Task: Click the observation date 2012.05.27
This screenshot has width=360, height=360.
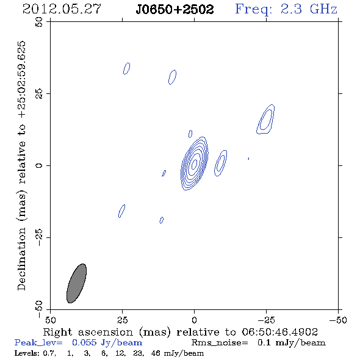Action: [x=62, y=9]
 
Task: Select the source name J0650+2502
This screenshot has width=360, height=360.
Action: [x=175, y=9]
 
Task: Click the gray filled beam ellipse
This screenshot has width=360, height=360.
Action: [x=76, y=283]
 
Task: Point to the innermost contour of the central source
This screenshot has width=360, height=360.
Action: [x=195, y=164]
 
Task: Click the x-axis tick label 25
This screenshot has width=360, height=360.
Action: [x=122, y=320]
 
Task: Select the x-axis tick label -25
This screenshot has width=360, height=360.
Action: [x=266, y=320]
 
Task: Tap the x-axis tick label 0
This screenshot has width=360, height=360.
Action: [x=194, y=320]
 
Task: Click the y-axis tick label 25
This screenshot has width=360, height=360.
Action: [x=39, y=94]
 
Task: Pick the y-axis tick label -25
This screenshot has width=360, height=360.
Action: [x=39, y=237]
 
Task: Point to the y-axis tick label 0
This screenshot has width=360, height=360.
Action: [x=39, y=165]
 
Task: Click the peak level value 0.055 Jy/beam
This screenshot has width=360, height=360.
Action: [x=107, y=343]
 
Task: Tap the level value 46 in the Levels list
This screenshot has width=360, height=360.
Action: [x=156, y=353]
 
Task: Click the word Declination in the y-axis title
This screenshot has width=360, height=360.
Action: [x=21, y=259]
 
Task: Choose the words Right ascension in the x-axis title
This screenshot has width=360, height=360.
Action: [x=88, y=332]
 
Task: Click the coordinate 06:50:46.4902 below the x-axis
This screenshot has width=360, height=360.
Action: [x=279, y=332]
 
